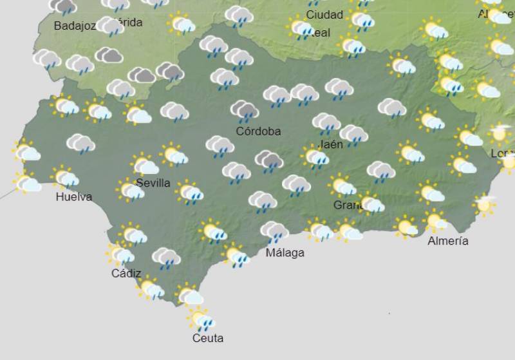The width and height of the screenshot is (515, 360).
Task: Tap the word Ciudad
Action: pos(324,14)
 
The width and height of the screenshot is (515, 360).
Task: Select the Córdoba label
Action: pos(258,131)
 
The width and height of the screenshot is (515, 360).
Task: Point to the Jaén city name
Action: pos(331,144)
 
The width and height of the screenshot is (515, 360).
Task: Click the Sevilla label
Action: pos(153,183)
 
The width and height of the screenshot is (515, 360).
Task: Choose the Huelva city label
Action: pos(73,197)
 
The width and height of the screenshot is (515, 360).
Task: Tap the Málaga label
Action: pos(285,252)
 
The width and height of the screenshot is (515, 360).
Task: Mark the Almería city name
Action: pos(448,241)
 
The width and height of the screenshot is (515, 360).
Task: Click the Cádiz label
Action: pos(126,273)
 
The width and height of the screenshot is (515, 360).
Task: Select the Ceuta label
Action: pos(208,337)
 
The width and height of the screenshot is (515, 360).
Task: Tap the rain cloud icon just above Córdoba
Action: pos(245,111)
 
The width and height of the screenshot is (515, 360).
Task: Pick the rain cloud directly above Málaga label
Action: pos(274,231)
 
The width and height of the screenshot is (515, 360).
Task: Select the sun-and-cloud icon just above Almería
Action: pos(437,221)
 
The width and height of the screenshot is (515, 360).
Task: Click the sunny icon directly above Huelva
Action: pos(65,177)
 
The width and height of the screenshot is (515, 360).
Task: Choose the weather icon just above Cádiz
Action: pos(120,255)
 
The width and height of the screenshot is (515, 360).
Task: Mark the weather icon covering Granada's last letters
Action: pos(371,204)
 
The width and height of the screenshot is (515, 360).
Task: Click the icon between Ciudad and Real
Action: pos(302,28)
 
